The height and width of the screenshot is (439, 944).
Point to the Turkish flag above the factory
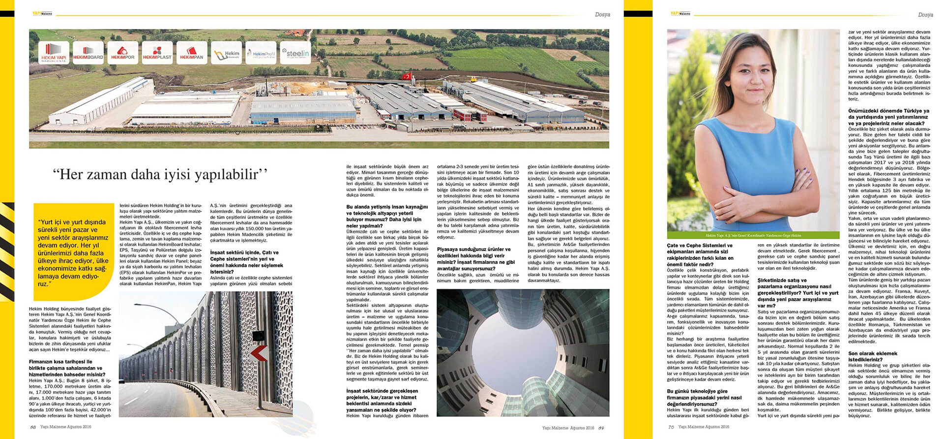[406, 76]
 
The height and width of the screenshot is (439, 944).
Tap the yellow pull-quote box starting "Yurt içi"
[74, 252]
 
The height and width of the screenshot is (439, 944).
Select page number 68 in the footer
[33, 427]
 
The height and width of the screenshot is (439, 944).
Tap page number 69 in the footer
[601, 428]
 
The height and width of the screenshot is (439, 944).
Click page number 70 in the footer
[671, 427]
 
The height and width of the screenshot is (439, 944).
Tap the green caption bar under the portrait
[753, 236]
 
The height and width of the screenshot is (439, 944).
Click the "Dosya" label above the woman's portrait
[925, 15]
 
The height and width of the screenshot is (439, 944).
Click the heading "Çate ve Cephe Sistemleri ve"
[699, 245]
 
